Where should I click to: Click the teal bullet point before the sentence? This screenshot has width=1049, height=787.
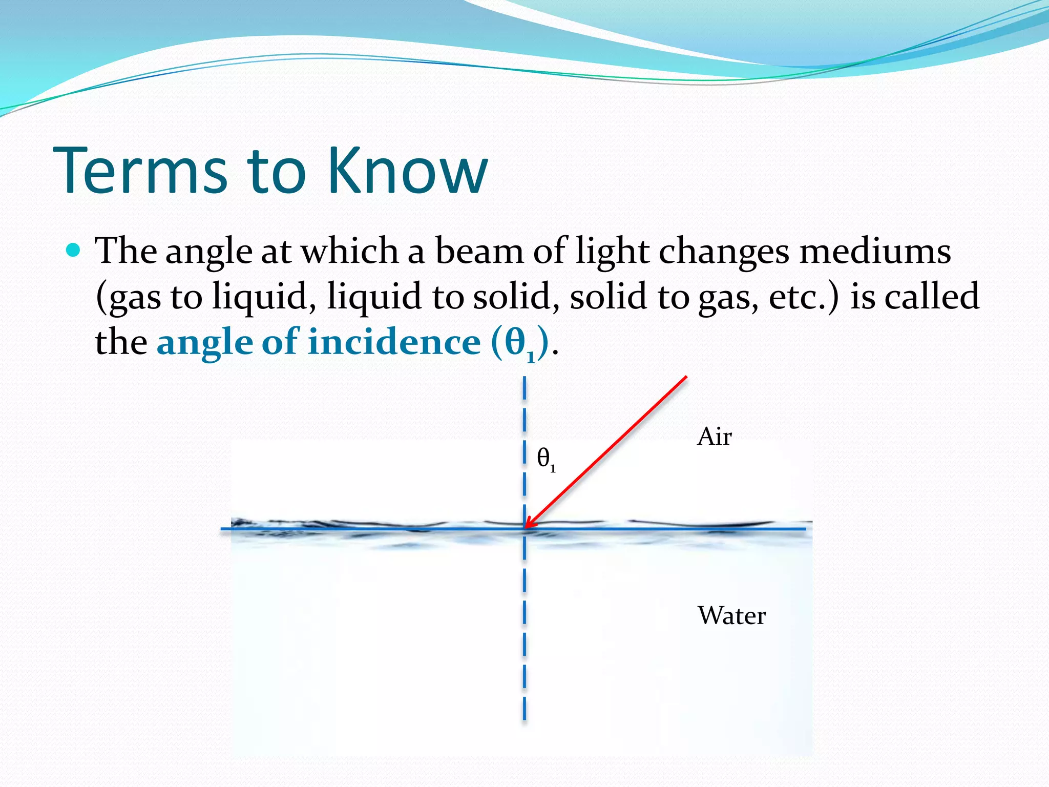click(74, 250)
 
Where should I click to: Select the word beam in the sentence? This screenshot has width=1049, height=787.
click(479, 251)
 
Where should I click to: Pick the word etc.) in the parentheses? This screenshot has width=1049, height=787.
click(804, 296)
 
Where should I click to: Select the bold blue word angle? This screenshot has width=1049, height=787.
click(204, 342)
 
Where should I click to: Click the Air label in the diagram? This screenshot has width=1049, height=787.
click(714, 437)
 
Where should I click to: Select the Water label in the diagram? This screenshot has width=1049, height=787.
click(731, 615)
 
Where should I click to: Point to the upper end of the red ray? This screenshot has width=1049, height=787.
click(685, 378)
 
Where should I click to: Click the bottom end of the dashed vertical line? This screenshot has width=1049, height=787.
click(524, 717)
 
